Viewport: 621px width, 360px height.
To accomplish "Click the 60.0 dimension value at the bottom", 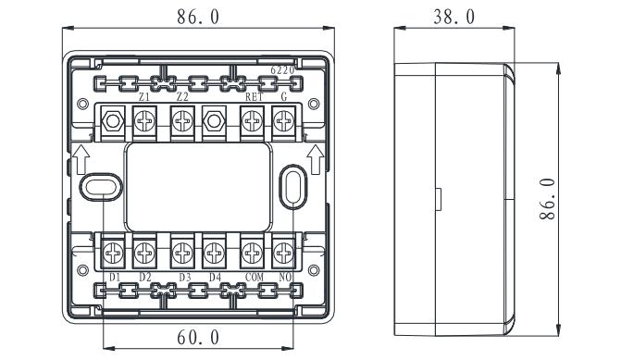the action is coord(198,338).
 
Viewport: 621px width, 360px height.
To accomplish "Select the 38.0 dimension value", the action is coord(453,17).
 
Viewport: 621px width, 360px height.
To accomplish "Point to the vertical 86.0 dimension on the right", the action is coord(547,199).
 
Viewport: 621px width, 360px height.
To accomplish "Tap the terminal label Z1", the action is coord(144,96).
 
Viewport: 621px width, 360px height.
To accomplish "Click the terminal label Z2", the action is coord(182,96).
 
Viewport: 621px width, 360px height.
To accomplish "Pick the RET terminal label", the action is coord(254,96).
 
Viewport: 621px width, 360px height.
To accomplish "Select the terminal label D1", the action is coord(115,278).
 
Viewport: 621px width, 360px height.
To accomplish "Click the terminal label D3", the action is coord(184,278).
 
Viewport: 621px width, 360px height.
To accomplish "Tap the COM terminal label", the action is coord(255,278).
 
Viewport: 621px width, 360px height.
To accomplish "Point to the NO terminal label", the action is coord(285,278).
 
